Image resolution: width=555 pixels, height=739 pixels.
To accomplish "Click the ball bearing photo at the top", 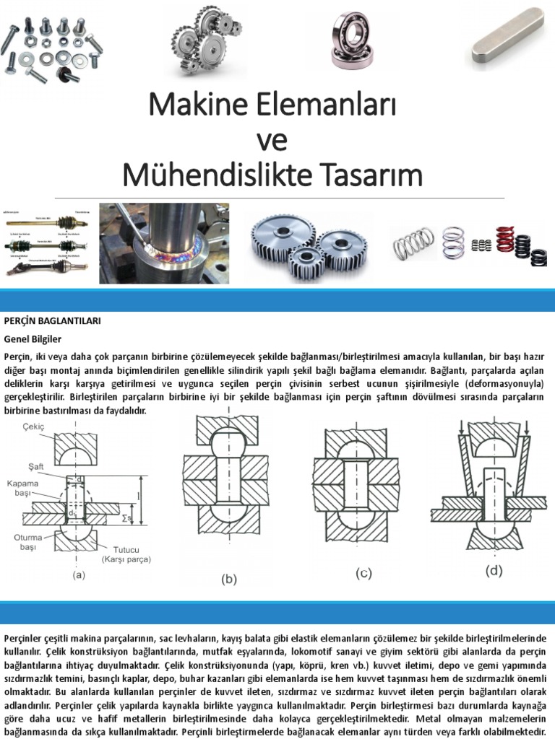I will click(x=352, y=40).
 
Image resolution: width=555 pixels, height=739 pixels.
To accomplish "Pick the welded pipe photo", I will click(x=164, y=242).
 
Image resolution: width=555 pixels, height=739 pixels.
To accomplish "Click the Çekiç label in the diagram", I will click(x=33, y=427).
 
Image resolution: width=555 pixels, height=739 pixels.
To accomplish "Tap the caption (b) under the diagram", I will click(x=228, y=578).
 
